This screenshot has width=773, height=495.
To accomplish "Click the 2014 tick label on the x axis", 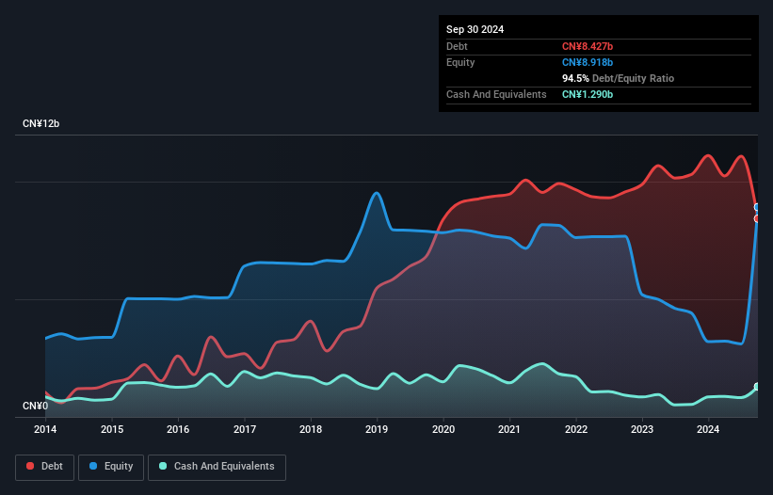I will pos(45,429).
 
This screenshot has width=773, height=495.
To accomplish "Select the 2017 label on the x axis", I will pos(244,429).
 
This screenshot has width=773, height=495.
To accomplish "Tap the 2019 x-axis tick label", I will pos(377,429).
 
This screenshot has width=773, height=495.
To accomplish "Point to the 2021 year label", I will pos(509,429).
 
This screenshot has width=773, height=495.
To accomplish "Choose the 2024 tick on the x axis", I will pos(708,429).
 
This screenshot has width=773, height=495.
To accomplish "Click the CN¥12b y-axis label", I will pos(42,124).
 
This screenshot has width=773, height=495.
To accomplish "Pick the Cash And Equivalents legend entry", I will pos(217,466).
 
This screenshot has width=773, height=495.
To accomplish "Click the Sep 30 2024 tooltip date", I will pos(475,29).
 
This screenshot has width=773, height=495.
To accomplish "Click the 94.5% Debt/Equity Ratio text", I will pos(618,78).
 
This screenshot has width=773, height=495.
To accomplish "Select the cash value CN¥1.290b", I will pos(588,94).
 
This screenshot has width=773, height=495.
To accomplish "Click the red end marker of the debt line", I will pos(757,218).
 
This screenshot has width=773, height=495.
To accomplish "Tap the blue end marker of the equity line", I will pos(757,207).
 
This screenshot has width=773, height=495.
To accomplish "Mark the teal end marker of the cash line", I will pos(757,387).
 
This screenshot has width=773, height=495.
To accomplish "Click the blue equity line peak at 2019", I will pos(377,193).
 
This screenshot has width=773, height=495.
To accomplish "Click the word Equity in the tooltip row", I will pos(460,62).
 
